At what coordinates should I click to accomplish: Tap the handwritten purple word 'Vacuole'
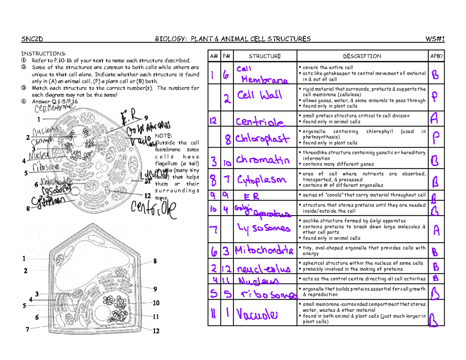[x=257, y=313]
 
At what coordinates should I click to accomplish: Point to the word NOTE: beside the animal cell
[x=163, y=136]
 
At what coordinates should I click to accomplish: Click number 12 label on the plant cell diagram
[x=156, y=331]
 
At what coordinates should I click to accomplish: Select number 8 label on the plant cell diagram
[x=155, y=261]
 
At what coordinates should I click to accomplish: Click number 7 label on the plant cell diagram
[x=27, y=329]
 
